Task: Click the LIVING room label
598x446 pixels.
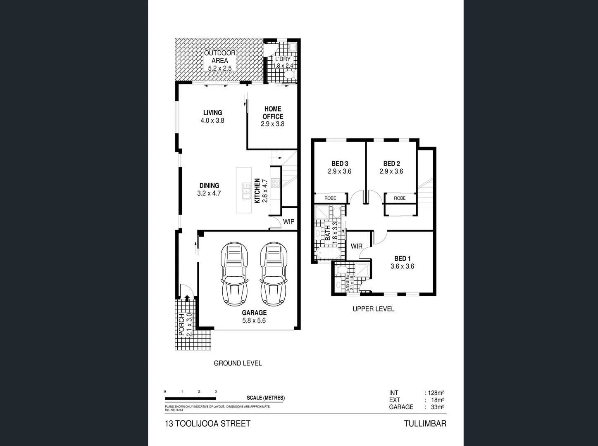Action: pos(212,113)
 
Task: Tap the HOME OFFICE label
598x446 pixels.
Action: pos(273,113)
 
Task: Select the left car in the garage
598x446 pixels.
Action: pos(234,273)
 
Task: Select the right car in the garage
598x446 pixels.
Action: pos(274,273)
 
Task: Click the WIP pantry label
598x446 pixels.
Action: pos(288,222)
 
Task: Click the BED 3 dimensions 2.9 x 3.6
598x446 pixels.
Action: pos(339,171)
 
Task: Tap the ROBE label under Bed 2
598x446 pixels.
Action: pos(400,198)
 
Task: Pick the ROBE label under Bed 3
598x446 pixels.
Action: pos(330,198)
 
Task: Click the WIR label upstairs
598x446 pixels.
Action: pos(356,246)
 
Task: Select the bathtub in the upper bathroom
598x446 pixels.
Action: pos(327,253)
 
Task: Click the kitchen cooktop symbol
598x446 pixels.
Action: pos(275,183)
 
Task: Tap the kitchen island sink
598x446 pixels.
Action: pos(246,191)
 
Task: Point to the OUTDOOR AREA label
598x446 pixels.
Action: pos(220,57)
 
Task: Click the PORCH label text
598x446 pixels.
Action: pos(181,325)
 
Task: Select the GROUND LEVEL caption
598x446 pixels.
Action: pos(238,363)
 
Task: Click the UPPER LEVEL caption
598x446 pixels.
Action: pos(373,309)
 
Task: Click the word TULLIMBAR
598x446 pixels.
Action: pos(425,423)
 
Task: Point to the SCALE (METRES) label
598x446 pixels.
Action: pos(265,398)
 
